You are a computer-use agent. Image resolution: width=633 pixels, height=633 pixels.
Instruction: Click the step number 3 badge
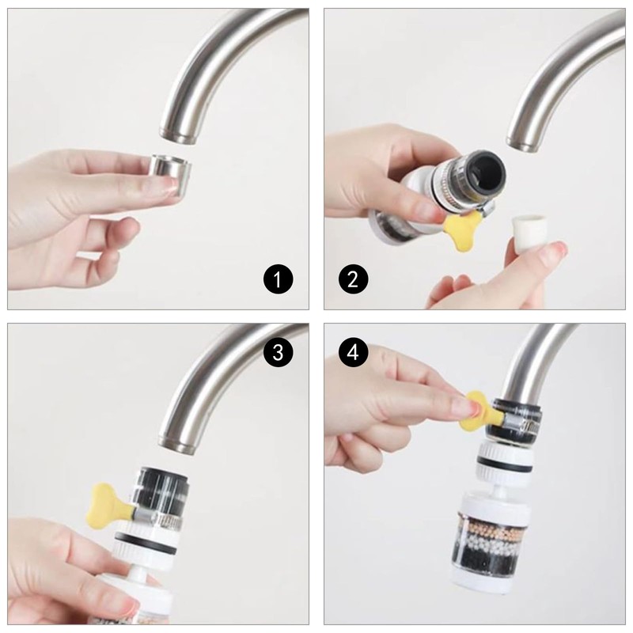[x=278, y=353]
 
